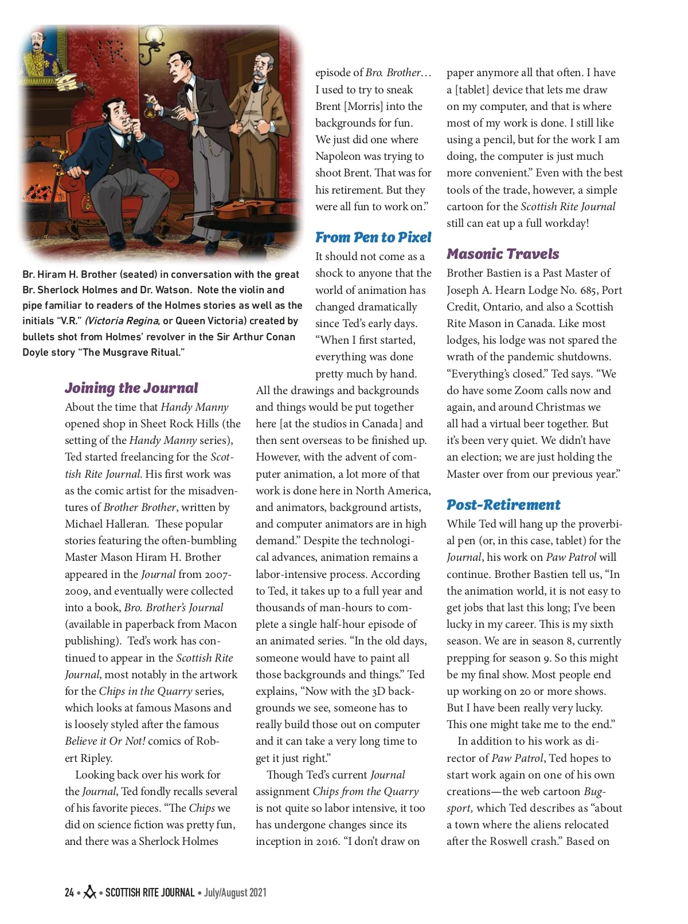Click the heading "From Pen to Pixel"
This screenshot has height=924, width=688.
(x=373, y=237)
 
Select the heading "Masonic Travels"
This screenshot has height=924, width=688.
(x=503, y=254)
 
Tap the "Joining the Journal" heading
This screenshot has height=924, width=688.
(x=131, y=388)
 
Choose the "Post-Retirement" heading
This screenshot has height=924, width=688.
(x=503, y=505)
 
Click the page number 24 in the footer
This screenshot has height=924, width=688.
(x=69, y=892)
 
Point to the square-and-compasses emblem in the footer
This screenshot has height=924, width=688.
(x=89, y=892)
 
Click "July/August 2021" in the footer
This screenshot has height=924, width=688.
(x=235, y=892)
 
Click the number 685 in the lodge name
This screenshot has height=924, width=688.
(x=581, y=290)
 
